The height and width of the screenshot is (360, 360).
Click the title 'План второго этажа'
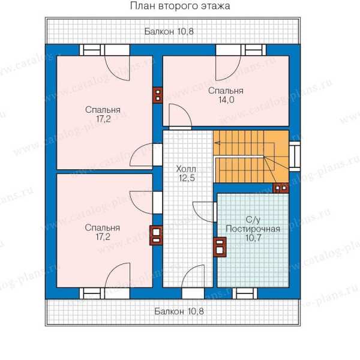pos(180,6)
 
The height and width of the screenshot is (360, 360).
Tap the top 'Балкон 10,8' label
pos(169,31)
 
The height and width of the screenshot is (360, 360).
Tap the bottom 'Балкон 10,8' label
pos(179,311)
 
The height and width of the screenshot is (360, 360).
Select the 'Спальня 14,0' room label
pos(226,95)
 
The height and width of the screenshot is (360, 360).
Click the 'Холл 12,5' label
pos(186,173)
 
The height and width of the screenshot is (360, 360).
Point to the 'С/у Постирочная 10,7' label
pos(253,229)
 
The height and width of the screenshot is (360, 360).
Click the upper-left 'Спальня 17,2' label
pos(103,114)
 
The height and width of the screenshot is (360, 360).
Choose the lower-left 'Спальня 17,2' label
pos(103,232)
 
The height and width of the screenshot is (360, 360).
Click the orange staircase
pos(251,157)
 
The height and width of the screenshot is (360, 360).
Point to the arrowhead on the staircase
pos(217,143)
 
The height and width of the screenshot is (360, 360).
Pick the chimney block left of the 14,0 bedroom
pos(158,95)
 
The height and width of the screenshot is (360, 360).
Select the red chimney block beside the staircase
pos(281,188)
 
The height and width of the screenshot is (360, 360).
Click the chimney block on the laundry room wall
pos(220,247)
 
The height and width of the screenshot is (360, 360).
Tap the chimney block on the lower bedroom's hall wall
pos(156,235)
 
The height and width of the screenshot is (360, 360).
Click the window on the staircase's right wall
pos(295,157)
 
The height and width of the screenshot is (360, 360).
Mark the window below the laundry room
pos(245,293)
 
